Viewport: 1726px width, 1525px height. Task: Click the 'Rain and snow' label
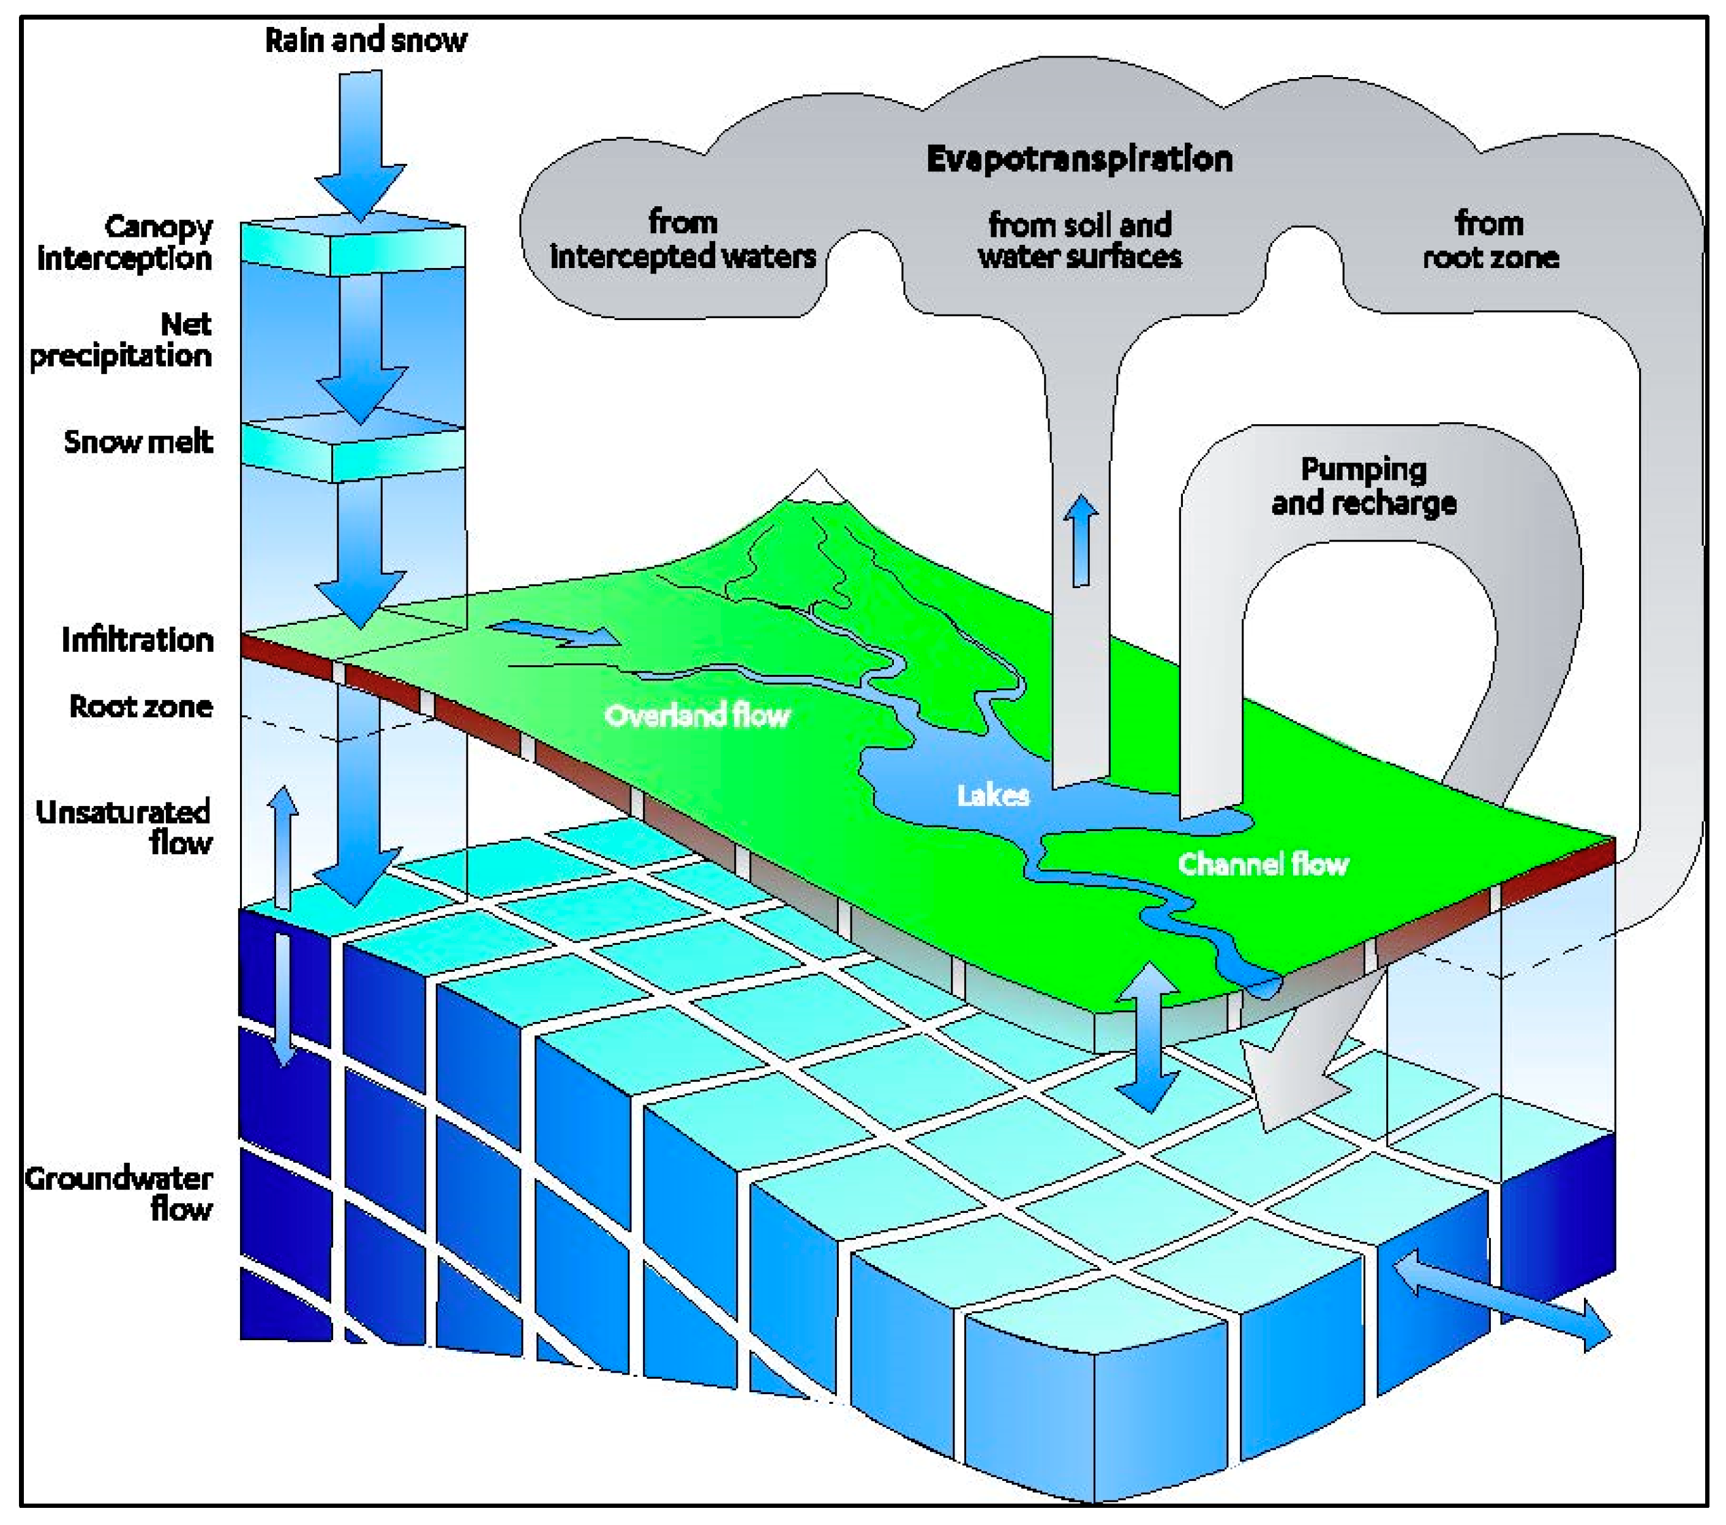[365, 40]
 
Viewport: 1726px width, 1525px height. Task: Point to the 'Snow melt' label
[138, 441]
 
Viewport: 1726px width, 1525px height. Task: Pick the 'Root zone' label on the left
[141, 706]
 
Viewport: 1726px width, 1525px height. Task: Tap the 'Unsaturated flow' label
[125, 826]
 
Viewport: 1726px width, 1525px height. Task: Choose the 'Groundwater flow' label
[120, 1193]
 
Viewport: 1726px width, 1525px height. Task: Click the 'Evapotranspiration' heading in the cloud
[1079, 158]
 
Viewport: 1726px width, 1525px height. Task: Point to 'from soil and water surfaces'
[1079, 240]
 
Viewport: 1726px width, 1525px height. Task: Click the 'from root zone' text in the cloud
[1490, 240]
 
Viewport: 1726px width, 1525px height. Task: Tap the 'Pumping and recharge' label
[1364, 486]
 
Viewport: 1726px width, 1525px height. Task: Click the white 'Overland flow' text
[697, 715]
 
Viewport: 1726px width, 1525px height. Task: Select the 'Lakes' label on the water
[993, 795]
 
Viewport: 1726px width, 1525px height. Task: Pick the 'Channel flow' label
[1263, 863]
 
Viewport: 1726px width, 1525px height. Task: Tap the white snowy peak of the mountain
[816, 486]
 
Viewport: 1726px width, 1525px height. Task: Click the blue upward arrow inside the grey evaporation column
[1080, 540]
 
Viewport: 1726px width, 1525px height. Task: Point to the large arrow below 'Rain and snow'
[361, 143]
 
